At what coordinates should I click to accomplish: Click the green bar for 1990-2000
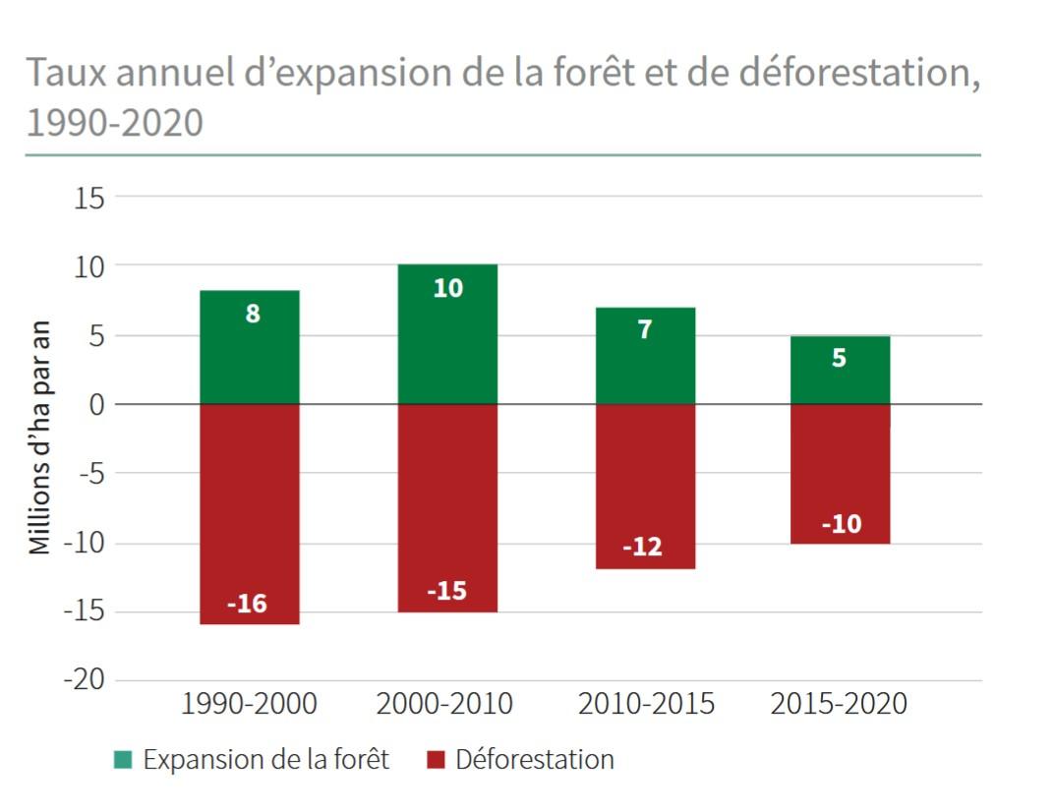[x=250, y=349]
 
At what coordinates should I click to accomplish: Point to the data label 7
[x=644, y=330]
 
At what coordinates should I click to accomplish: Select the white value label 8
[x=253, y=316]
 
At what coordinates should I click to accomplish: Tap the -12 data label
[x=643, y=548]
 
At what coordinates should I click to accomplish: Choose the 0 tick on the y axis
[x=95, y=404]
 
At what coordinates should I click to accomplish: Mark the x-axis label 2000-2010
[x=445, y=705]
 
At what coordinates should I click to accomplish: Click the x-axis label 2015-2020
[x=839, y=705]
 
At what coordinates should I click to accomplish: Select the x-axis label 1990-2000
[x=249, y=705]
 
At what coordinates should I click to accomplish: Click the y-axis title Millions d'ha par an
[x=39, y=438]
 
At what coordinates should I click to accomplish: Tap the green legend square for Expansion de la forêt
[x=122, y=760]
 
